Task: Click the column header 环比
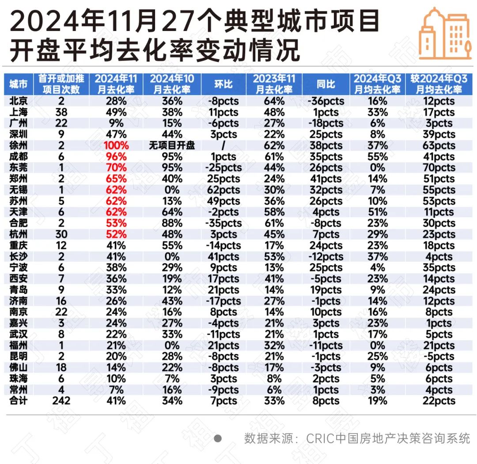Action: coord(223,84)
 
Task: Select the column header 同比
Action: coord(326,84)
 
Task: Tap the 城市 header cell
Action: coord(18,84)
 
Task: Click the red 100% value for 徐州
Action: coord(117,145)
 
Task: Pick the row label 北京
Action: coord(18,101)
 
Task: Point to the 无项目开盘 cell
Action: coord(171,145)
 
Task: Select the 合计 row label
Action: coord(18,401)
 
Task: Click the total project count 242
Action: coord(61,401)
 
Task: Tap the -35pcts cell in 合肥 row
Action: coord(223,223)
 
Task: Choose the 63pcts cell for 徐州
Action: coord(438,145)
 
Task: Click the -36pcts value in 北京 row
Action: coord(326,101)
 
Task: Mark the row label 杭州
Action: coord(18,234)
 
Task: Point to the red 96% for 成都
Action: coord(117,156)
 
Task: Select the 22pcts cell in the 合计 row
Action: coord(438,401)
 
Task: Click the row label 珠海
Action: coord(18,379)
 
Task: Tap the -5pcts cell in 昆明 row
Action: coord(438,357)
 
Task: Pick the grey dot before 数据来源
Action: coord(217,438)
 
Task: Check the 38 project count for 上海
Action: coord(61,112)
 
